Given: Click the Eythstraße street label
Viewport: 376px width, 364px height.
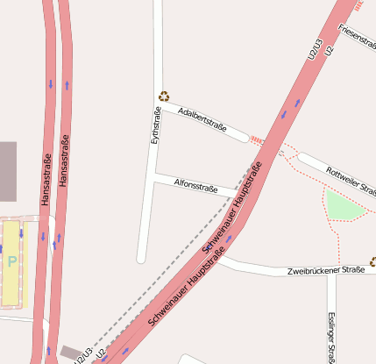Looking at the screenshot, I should coord(157,125).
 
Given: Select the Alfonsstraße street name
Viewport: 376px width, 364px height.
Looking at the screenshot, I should coord(196,186).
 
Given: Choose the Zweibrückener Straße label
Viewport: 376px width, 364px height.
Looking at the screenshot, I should coord(325,271).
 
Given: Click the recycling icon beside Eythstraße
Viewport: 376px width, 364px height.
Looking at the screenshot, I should coord(163,96).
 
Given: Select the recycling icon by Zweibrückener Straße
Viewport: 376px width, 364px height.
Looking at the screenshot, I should coord(372,261).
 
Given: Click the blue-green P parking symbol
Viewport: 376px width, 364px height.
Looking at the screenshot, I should coord(11,261).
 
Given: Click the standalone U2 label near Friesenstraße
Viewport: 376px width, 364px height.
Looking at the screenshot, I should coord(330,52).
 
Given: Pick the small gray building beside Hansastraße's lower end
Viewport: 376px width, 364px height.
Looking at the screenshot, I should coord(69,352).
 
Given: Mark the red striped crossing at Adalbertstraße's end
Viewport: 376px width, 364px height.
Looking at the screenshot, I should coord(257,139).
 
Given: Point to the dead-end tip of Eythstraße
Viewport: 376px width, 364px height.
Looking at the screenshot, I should coord(141,259).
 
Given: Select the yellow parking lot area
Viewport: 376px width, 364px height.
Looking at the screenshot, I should coord(13,263).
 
